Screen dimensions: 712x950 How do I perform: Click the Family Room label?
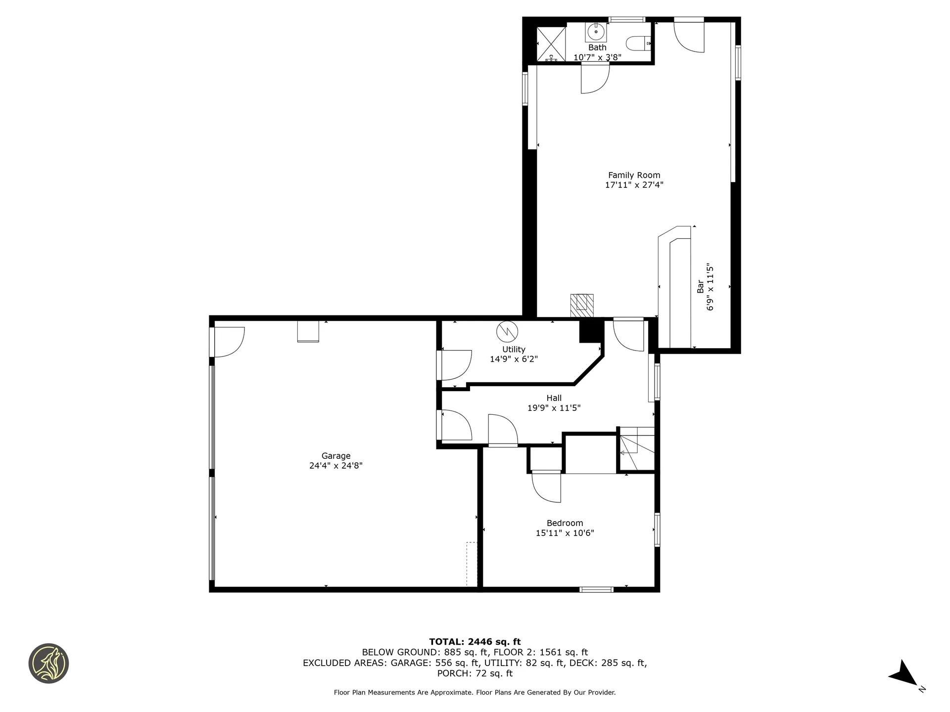(x=634, y=175)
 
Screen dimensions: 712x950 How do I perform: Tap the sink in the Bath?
(x=596, y=32)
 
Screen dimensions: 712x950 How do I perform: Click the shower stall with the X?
(x=551, y=44)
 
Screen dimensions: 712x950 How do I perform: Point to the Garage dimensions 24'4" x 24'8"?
(x=335, y=466)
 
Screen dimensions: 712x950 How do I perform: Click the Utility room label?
(x=514, y=350)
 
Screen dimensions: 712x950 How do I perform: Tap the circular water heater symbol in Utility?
(x=507, y=331)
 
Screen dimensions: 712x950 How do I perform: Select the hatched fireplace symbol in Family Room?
(x=582, y=306)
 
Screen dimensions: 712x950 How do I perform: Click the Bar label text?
(x=700, y=286)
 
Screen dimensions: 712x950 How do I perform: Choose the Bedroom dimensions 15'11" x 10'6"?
(x=565, y=533)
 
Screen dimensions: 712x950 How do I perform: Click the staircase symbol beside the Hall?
(x=636, y=449)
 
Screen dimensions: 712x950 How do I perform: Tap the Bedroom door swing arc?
(x=547, y=489)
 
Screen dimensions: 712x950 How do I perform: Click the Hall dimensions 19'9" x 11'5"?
(x=554, y=408)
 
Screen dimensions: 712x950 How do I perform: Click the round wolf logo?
(x=48, y=664)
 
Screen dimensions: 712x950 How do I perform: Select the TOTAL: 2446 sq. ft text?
(x=475, y=642)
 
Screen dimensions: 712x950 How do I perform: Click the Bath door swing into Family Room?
(x=595, y=79)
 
